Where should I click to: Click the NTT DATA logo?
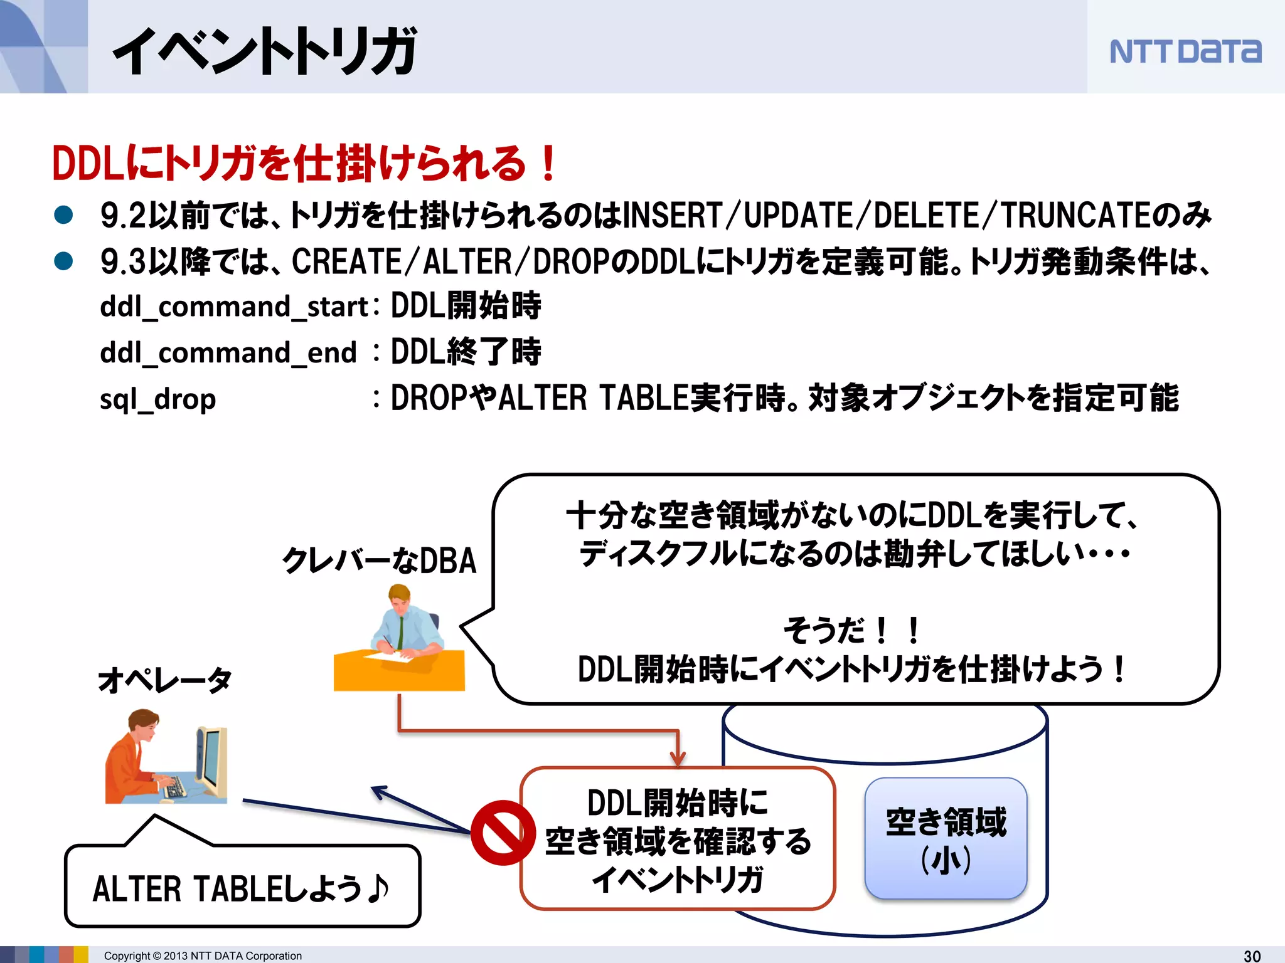click(1185, 51)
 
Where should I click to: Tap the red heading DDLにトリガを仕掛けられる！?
click(304, 163)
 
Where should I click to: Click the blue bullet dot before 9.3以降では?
click(63, 261)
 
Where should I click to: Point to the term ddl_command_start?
click(234, 307)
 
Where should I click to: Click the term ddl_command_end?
click(228, 353)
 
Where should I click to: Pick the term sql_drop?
click(158, 399)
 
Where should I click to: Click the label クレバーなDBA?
click(379, 560)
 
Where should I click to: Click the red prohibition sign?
click(503, 833)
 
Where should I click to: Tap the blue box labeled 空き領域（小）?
click(946, 839)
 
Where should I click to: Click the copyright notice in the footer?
click(203, 955)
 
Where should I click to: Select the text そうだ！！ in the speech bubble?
click(851, 630)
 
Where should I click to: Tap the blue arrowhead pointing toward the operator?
click(380, 792)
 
